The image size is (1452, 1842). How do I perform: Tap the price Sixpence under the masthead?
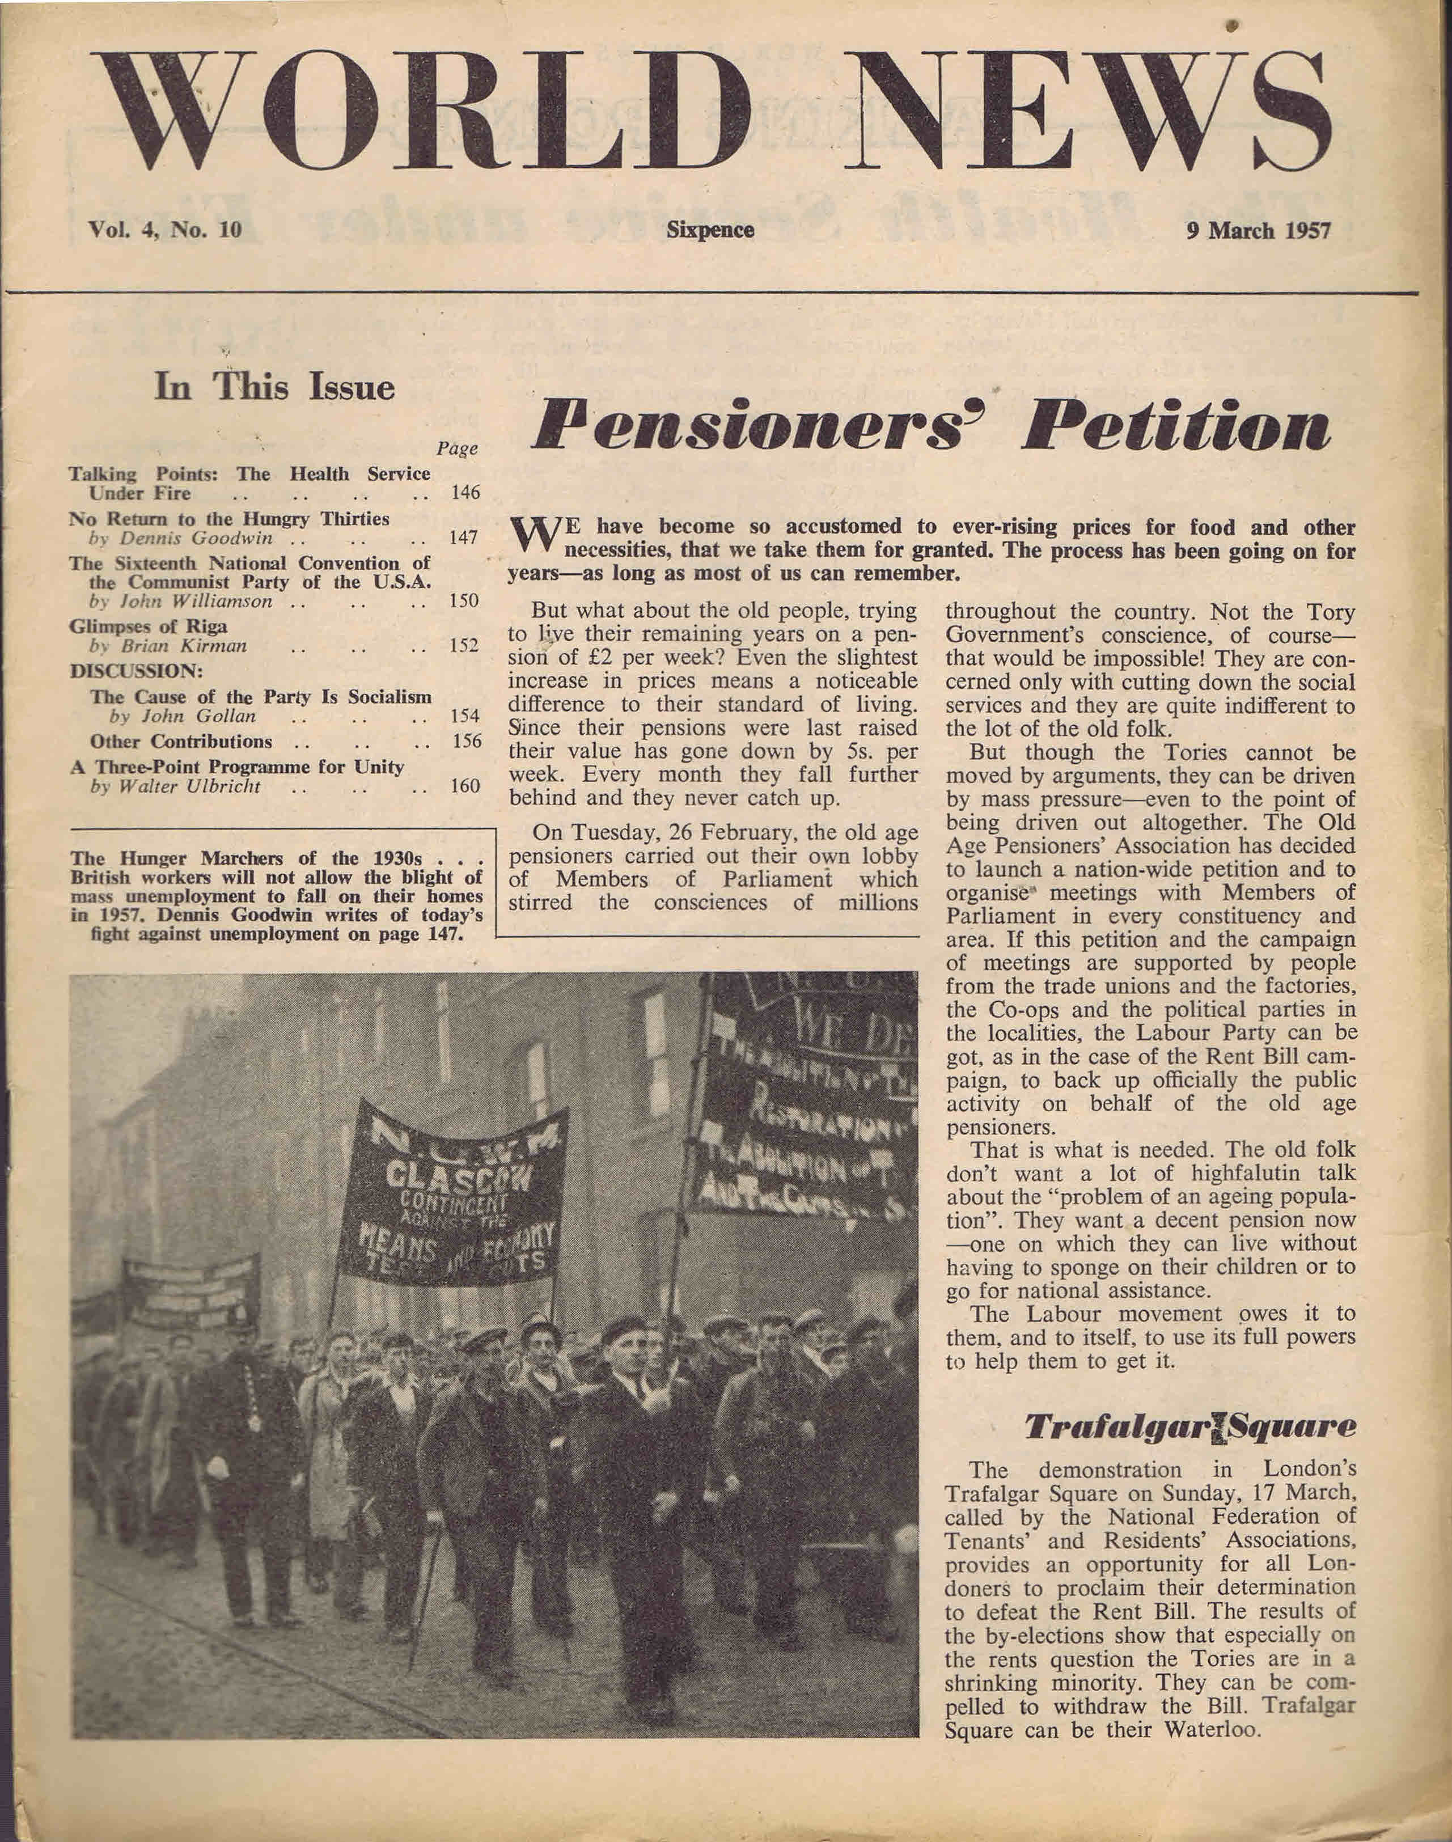[711, 230]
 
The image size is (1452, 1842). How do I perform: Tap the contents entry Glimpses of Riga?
[148, 626]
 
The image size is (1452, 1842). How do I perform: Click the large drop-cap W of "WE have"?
[533, 536]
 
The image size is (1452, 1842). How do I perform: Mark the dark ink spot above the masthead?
[1232, 26]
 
